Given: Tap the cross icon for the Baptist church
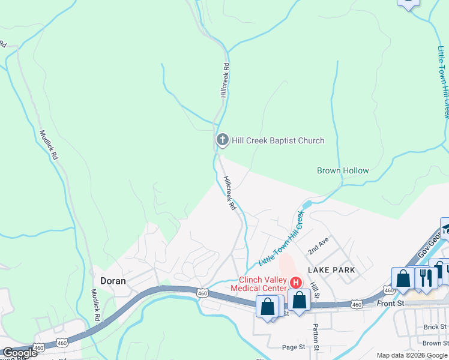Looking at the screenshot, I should pyautogui.click(x=222, y=140).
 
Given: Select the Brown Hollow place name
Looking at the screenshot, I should pyautogui.click(x=343, y=170).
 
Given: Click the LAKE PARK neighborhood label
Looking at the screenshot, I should pyautogui.click(x=331, y=270).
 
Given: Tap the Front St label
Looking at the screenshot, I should pyautogui.click(x=391, y=304).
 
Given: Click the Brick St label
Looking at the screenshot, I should pyautogui.click(x=435, y=326).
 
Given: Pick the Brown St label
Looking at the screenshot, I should pyautogui.click(x=435, y=343).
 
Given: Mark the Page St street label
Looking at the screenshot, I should pyautogui.click(x=294, y=347).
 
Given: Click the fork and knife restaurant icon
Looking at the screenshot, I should pyautogui.click(x=426, y=278).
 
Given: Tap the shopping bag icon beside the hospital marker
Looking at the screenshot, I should pyautogui.click(x=299, y=299).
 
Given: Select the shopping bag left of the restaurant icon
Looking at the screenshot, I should pyautogui.click(x=404, y=278).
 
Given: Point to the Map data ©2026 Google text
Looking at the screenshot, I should pyautogui.click(x=412, y=355).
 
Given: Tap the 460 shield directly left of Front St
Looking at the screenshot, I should pyautogui.click(x=357, y=305).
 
